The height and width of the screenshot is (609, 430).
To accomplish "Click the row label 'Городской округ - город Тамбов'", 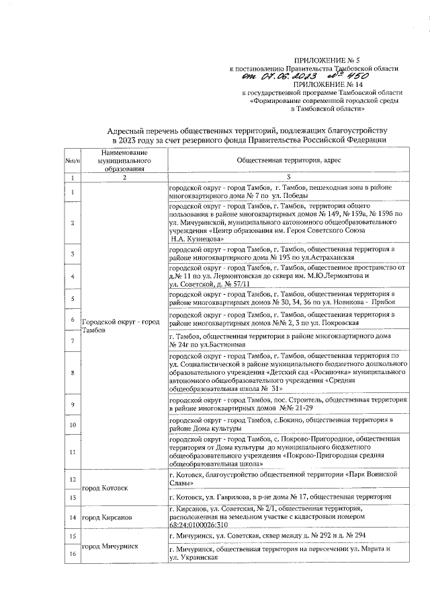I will pos(120,326).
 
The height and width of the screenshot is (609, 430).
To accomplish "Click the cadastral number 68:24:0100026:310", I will pos(200,524).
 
